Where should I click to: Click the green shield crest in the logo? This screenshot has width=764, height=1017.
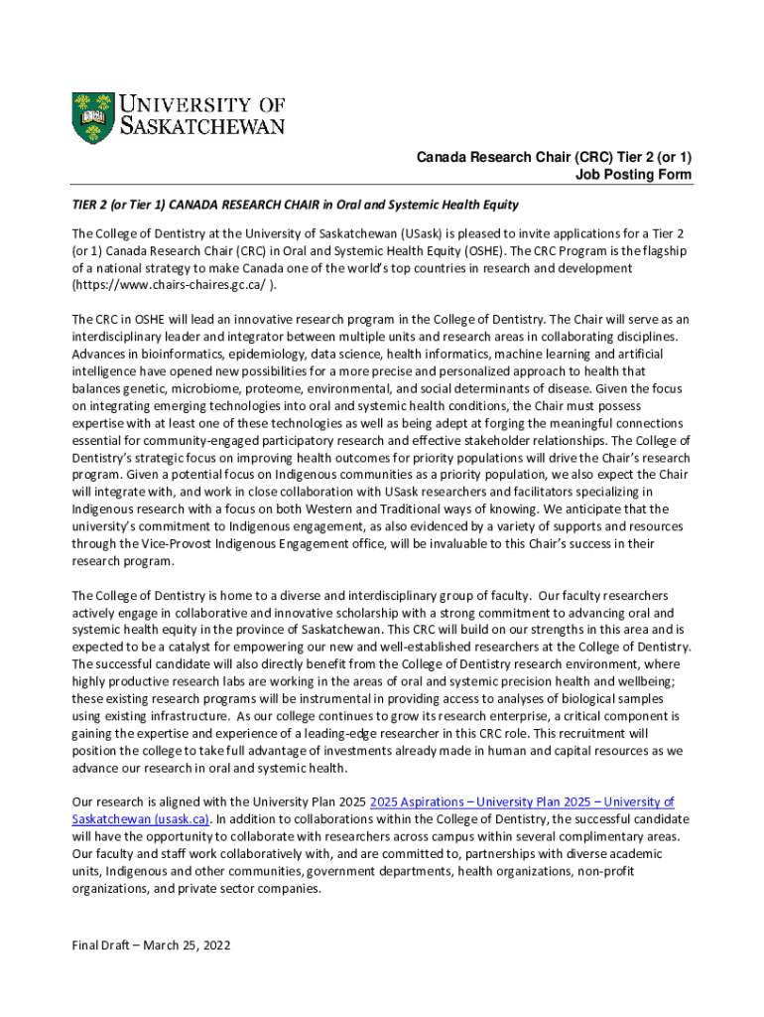tap(93, 120)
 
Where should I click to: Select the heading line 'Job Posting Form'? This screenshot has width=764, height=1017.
tap(634, 175)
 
